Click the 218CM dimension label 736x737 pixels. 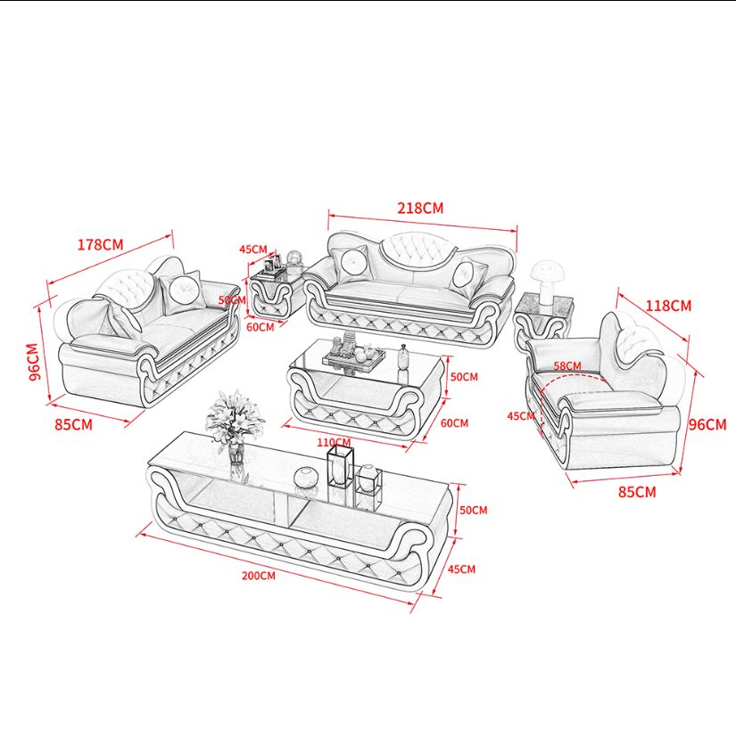coord(420,208)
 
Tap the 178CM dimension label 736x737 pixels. coord(100,244)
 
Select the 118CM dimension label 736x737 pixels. coord(668,306)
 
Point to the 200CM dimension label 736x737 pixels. coord(259,576)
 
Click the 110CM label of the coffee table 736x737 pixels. coord(334,442)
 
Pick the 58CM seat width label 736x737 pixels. coord(567,365)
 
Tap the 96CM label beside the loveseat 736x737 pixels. coord(33,362)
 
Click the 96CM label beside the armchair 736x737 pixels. coord(707,424)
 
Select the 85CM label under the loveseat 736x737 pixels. coord(73,424)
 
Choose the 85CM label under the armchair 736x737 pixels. coord(637,492)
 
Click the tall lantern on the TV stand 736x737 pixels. coord(340,465)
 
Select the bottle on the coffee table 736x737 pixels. coord(403,358)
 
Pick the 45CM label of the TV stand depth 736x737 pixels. coord(461,569)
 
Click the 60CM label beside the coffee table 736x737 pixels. coord(454,423)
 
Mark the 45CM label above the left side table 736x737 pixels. coord(252,250)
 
